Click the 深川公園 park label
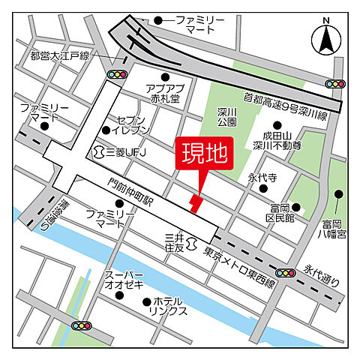pyautogui.click(x=228, y=117)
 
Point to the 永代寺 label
pyautogui.click(x=262, y=179)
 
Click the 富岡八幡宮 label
pyautogui.click(x=334, y=228)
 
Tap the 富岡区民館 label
pyautogui.click(x=280, y=212)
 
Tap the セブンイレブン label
pyautogui.click(x=139, y=124)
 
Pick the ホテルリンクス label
pyautogui.click(x=166, y=306)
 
